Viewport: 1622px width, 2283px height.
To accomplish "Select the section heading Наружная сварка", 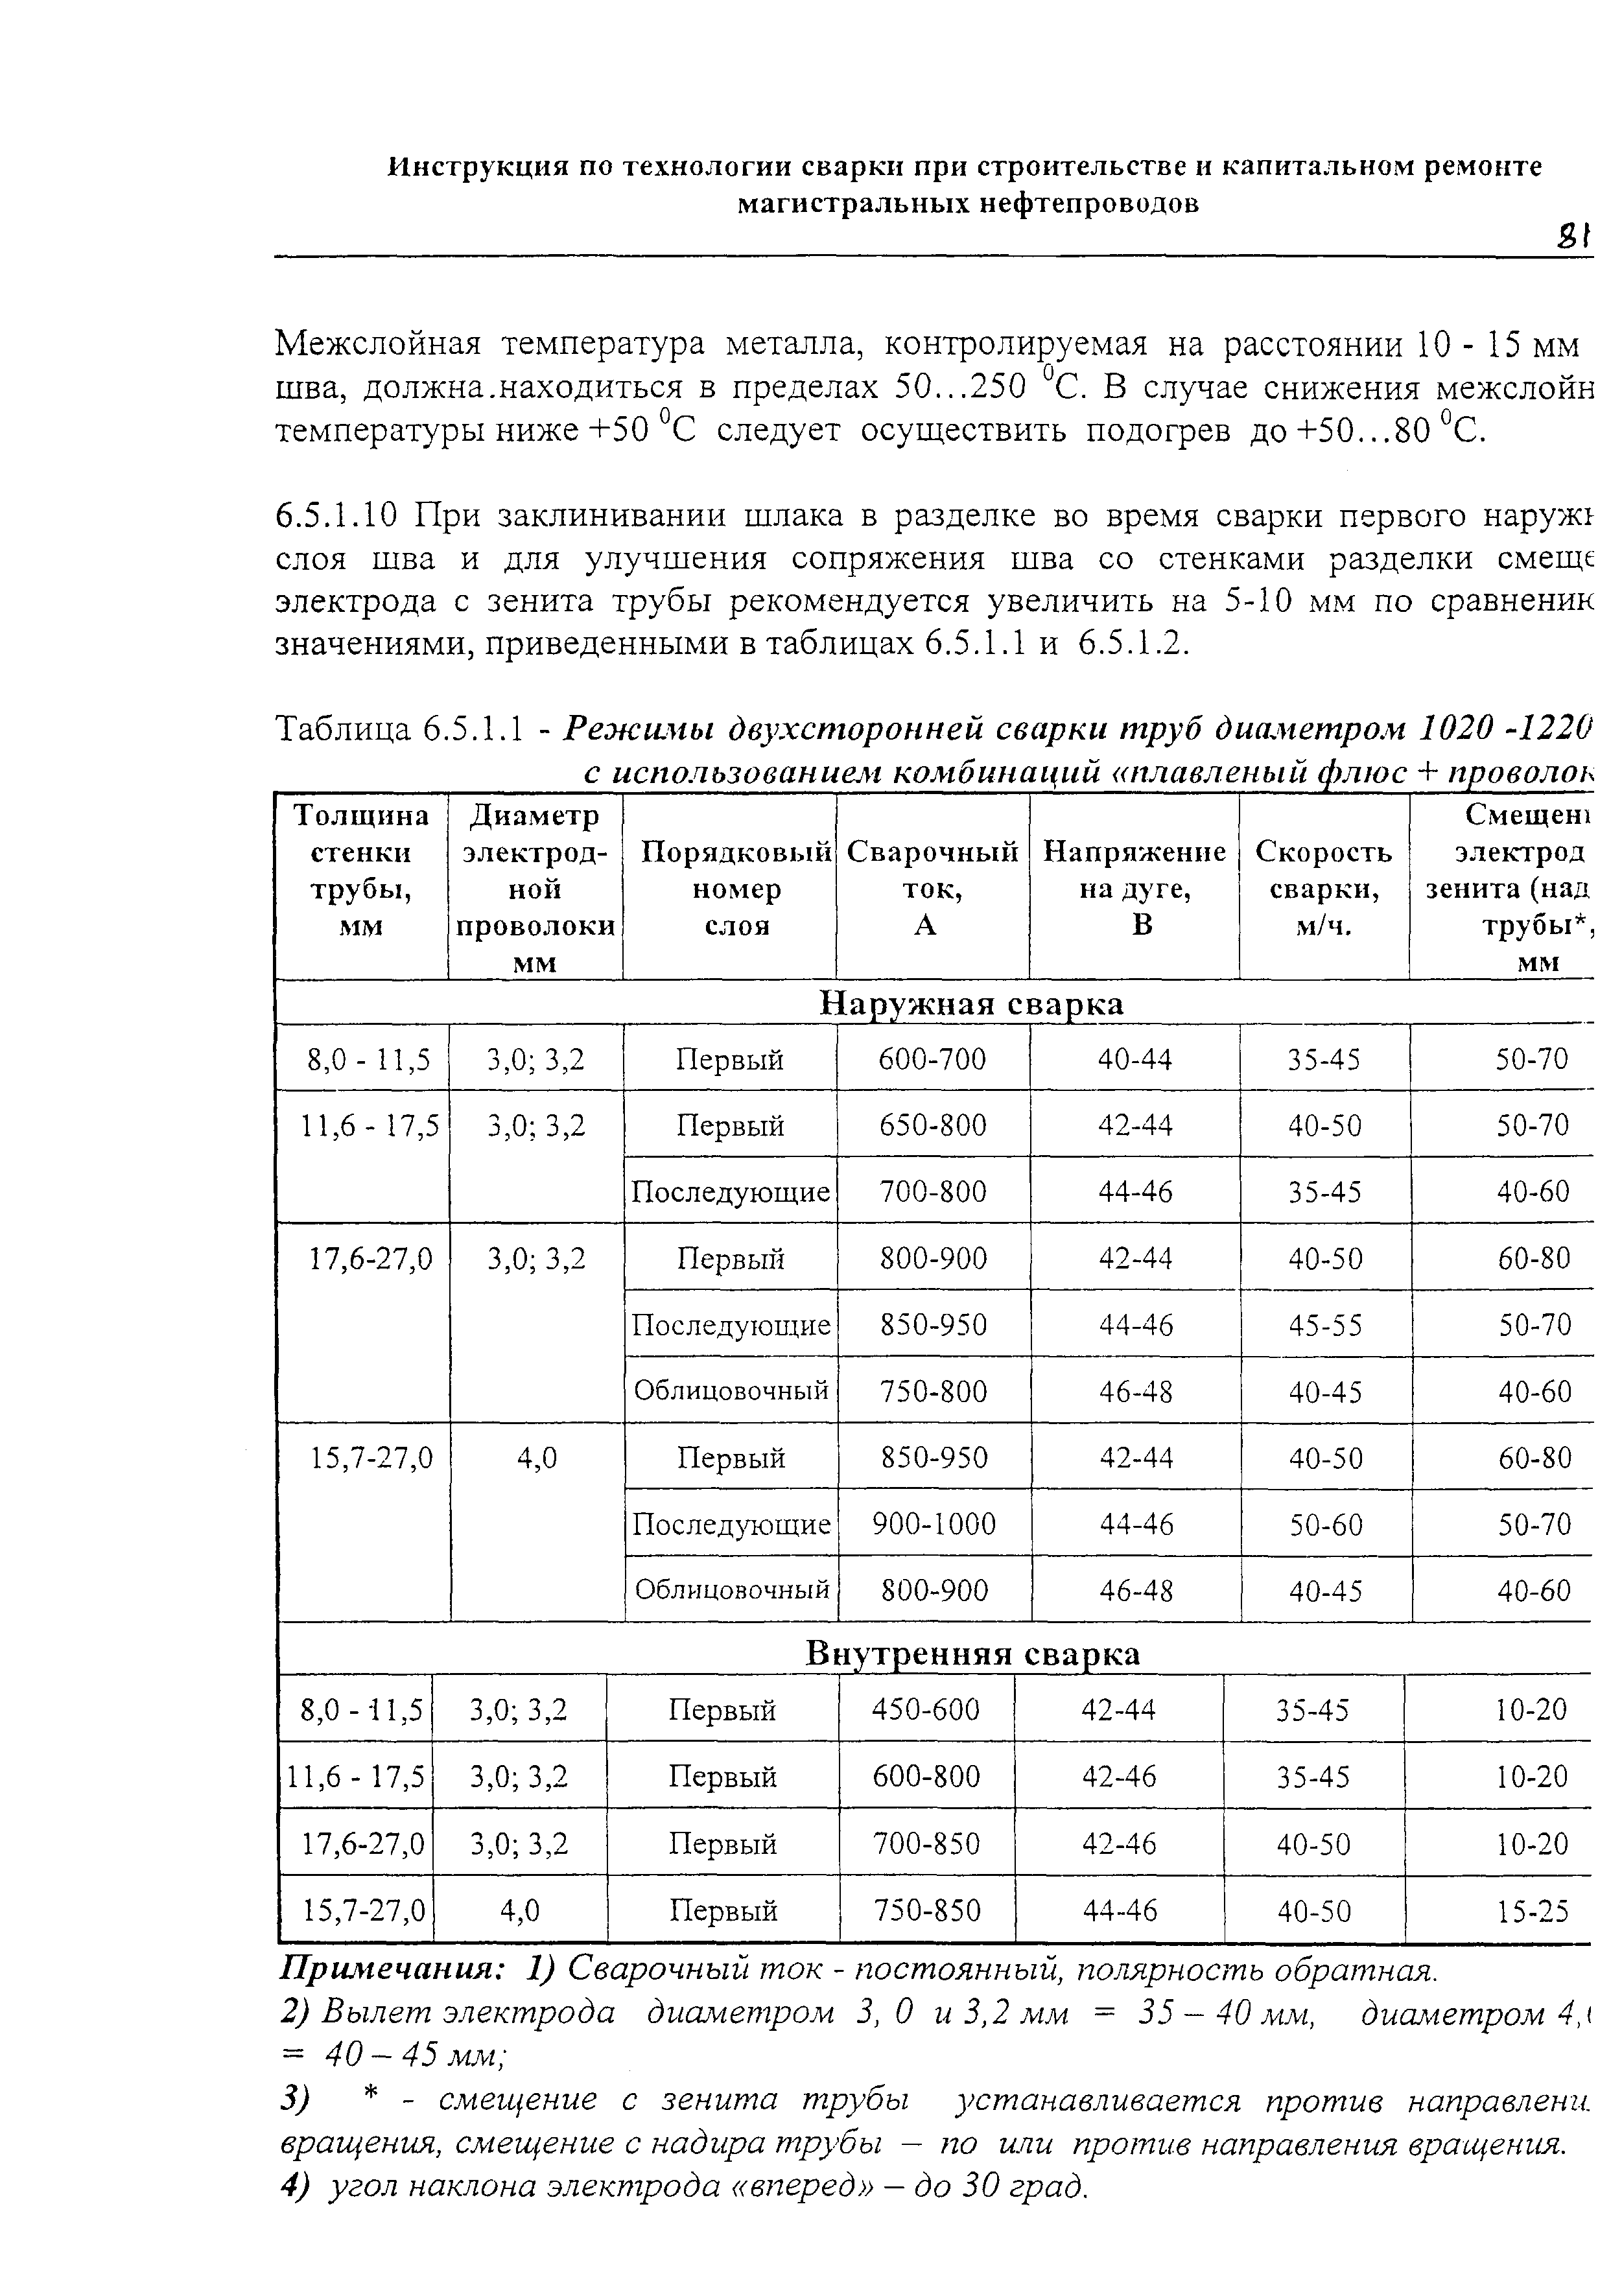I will [x=971, y=1003].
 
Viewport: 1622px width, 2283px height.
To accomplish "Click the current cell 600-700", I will [x=931, y=1059].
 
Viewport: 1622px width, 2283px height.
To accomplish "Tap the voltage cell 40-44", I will [x=1134, y=1059].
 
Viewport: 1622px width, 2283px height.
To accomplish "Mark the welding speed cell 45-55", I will [x=1324, y=1325].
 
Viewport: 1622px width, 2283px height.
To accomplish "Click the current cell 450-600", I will [x=926, y=1711].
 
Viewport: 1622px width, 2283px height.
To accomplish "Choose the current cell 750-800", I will [x=933, y=1391].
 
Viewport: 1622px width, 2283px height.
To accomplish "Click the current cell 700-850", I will [x=926, y=1844].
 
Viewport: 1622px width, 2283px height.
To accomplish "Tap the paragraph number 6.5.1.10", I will [x=338, y=517].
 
